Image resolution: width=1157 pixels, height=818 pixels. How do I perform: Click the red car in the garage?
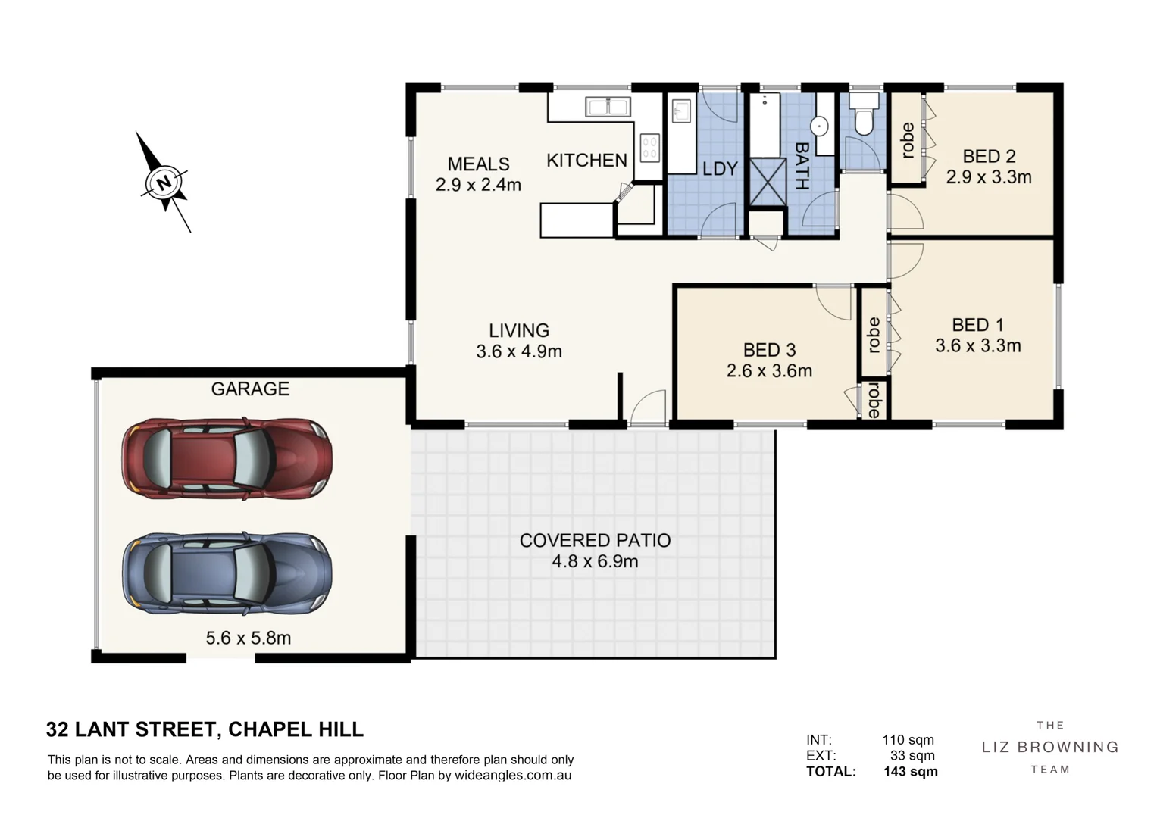pos(227,458)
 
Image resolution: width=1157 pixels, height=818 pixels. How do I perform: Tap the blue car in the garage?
pos(227,573)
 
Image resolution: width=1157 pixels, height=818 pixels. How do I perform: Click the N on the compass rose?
pos(164,183)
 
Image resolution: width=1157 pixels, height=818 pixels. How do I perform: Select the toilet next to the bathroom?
pos(864,114)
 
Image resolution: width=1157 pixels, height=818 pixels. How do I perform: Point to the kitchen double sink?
pos(608,107)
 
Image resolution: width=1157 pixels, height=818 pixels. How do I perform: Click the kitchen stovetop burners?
pos(650,148)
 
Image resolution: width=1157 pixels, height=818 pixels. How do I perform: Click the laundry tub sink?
pos(681,111)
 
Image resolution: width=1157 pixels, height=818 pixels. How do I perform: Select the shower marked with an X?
pos(767,182)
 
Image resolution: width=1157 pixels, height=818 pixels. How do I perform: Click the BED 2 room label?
pos(989,156)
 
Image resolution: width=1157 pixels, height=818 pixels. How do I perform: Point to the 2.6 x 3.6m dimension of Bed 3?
pos(769,371)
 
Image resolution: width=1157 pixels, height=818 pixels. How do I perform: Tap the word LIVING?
pos(518,330)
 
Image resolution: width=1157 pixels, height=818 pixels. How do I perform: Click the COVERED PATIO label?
pos(595,540)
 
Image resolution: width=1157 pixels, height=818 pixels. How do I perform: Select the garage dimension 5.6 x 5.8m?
pos(249,638)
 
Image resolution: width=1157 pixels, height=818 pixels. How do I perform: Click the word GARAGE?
pos(250,389)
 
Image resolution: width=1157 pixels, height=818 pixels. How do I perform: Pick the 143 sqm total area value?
pos(911,772)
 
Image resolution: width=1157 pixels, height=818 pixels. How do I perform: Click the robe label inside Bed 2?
pos(907,140)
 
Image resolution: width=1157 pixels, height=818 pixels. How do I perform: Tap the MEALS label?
pos(478,164)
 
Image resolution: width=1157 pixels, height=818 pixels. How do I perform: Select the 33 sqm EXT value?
pos(912,756)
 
